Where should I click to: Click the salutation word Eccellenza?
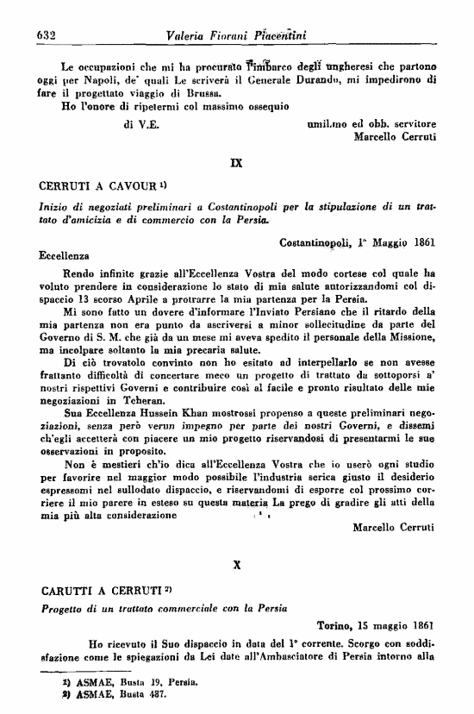(65, 256)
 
